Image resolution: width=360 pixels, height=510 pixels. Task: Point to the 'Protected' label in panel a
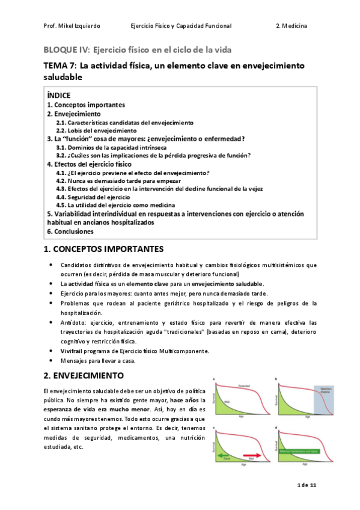coord(244,384)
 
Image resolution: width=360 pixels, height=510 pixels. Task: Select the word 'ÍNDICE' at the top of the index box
coord(59,96)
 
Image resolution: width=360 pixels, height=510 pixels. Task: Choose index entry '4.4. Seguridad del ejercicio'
coord(93,197)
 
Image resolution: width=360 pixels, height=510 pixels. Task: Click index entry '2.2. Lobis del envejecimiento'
coord(96,130)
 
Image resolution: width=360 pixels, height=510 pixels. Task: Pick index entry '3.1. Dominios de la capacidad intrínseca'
coord(111,147)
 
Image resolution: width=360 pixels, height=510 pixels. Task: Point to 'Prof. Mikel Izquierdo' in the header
coord(72,26)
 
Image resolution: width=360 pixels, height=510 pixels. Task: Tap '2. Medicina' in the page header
coord(291,26)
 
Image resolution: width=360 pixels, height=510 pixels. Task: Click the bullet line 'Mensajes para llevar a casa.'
coord(98,361)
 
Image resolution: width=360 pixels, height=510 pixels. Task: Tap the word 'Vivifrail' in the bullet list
coord(73,351)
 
